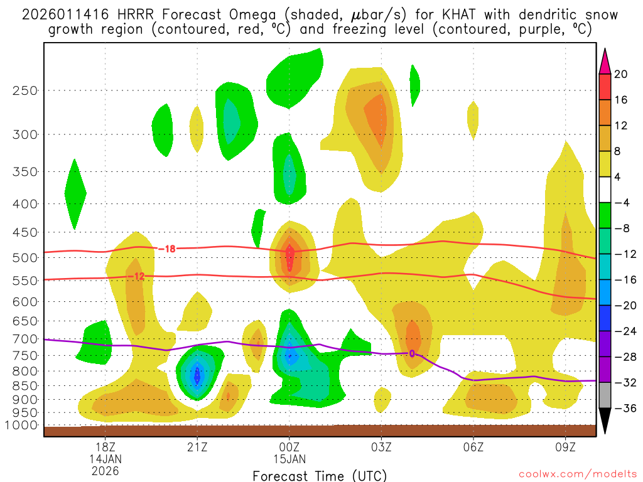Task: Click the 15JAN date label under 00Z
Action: coord(289,459)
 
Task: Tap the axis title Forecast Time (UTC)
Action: coord(320,475)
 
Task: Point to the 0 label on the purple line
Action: coord(412,353)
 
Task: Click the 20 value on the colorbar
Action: coord(620,74)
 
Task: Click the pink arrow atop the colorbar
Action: coord(605,61)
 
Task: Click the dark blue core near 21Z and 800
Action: coord(197,375)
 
